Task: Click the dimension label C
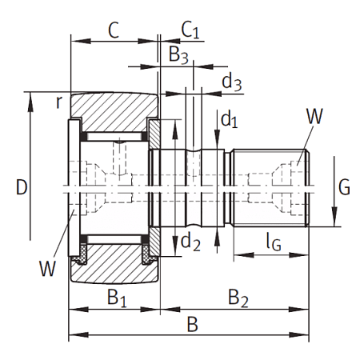114,30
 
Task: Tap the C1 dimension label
190,30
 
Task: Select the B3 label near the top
178,54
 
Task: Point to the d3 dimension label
232,82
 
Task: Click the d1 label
230,119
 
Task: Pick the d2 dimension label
190,242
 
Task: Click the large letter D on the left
22,187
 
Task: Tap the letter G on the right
344,187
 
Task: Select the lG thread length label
274,242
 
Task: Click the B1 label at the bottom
117,298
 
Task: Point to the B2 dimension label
238,298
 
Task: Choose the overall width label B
192,324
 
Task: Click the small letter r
59,102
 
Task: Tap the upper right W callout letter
314,116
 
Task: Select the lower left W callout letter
48,268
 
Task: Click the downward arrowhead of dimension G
334,217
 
